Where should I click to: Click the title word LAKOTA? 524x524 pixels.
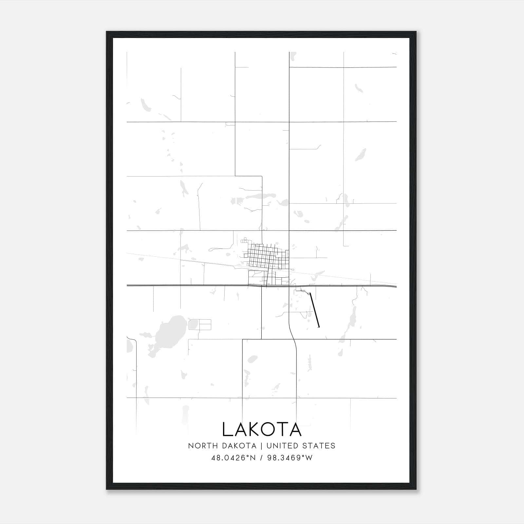262,429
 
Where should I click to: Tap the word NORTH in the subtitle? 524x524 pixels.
198,446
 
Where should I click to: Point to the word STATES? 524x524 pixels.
319,446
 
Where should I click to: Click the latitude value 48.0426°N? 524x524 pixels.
233,458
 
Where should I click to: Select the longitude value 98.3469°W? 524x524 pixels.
290,458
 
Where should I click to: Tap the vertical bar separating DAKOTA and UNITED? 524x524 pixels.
261,446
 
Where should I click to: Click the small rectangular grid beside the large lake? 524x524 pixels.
200,324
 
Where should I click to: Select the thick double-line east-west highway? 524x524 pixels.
196,285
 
